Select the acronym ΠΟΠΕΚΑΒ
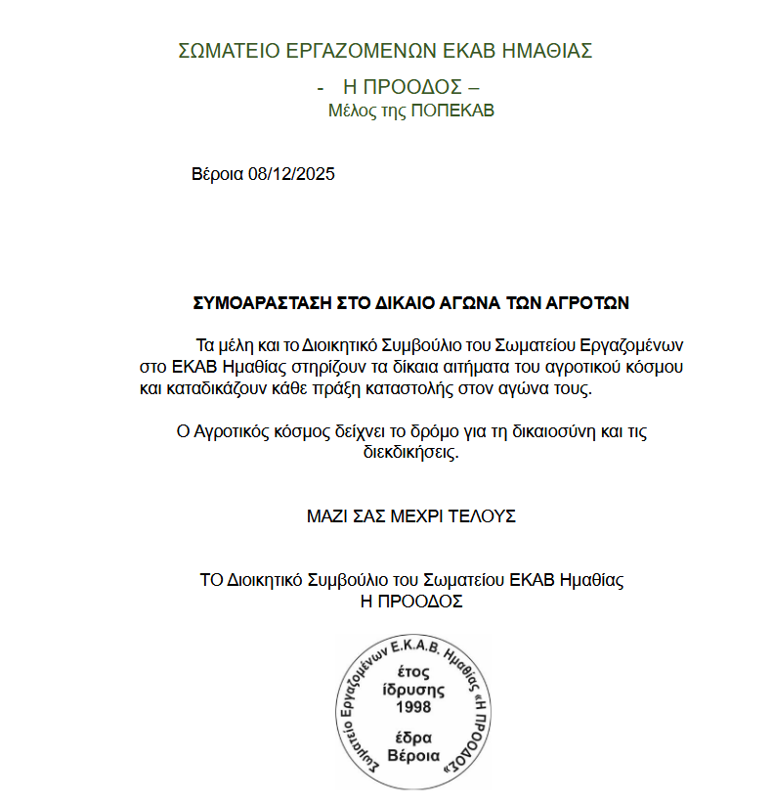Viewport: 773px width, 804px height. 452,111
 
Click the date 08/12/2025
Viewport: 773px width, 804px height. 291,175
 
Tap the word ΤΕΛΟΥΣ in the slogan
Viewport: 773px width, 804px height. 480,515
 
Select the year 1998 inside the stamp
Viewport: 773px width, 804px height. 412,706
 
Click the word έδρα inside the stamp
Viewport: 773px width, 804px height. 412,737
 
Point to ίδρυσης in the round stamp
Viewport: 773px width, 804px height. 412,689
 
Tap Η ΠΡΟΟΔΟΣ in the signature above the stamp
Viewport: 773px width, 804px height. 411,602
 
